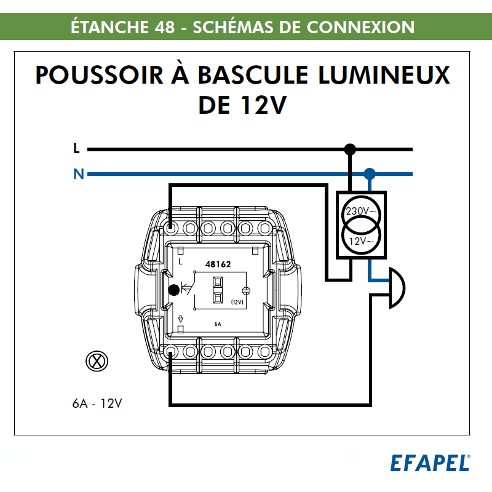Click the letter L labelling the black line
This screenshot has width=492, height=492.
pos(76,148)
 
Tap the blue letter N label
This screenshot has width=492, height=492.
pos(78,174)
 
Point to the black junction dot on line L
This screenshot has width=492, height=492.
pos(350,149)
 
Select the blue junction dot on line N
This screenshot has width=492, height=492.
pos(369,174)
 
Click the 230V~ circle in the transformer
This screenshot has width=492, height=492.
pos(362,212)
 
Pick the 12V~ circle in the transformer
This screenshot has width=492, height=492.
pos(362,240)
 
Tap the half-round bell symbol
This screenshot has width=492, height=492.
pos(395,289)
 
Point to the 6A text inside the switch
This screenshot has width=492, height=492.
pos(218,323)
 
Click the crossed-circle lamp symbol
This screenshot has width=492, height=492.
pos(96,361)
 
